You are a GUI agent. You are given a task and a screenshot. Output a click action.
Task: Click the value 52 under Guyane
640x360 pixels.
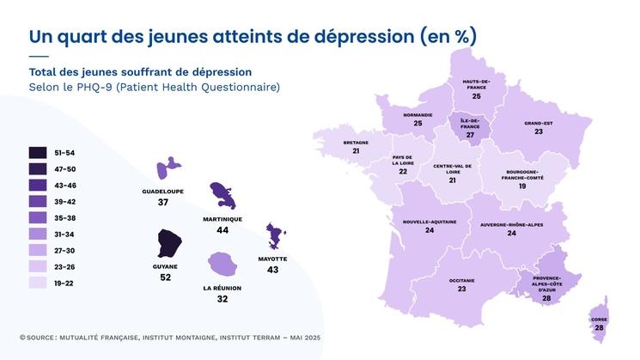coord(165,278)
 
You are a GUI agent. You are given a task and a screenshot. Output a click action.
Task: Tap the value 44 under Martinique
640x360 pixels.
coord(222,230)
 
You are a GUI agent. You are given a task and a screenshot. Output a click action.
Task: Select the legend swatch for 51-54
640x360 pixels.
coord(38,153)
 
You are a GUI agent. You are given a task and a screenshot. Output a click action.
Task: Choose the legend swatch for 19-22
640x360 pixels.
coord(38,282)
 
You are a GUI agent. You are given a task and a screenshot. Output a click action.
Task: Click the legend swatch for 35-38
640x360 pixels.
coord(38,217)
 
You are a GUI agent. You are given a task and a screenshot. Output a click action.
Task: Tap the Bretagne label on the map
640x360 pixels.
coord(356,142)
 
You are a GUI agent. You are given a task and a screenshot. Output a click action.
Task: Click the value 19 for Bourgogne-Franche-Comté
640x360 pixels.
coord(521,186)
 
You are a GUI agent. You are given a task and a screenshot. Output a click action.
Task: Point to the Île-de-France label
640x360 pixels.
coord(469,123)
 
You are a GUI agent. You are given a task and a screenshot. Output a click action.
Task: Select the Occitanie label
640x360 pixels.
coord(461,280)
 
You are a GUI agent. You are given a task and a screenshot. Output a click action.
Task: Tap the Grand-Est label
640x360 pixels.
coord(539,123)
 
